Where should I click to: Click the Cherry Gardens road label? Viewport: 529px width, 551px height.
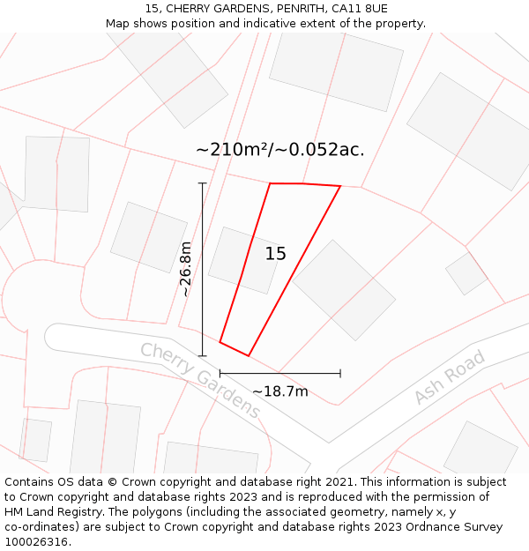pos(200,380)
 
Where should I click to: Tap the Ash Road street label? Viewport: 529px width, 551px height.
pos(450,377)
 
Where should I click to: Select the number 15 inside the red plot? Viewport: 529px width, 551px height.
pos(275,254)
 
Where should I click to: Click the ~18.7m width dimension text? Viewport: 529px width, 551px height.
pos(280,391)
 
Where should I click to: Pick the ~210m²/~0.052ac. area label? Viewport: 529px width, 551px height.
pos(279,150)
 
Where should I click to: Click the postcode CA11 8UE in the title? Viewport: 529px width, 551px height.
pos(358,9)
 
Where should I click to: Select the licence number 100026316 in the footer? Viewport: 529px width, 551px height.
pos(37,542)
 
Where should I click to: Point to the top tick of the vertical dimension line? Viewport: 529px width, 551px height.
pos(203,183)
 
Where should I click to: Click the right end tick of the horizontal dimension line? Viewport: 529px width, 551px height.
pos(340,374)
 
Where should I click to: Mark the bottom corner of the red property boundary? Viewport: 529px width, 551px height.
pos(249,356)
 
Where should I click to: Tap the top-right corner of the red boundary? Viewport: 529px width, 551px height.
pos(340,186)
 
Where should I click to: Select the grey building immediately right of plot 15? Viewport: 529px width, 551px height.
pos(344,289)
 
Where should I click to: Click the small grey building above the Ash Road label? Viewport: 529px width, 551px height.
pos(466,273)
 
